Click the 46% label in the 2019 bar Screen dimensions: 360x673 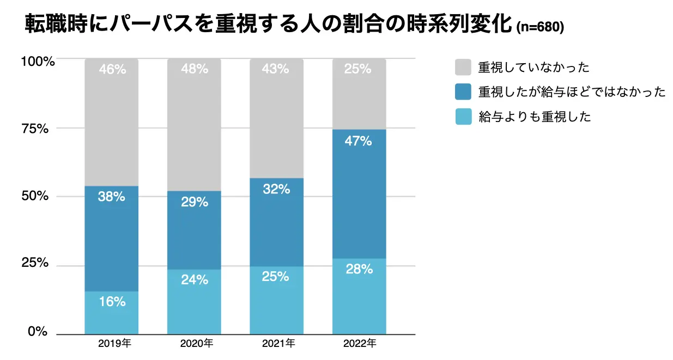[112, 69]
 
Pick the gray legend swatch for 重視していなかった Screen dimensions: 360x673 [463, 68]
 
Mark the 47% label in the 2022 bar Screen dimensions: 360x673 [359, 142]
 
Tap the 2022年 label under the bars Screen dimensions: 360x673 [360, 344]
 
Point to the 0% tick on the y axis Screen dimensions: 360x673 [38, 332]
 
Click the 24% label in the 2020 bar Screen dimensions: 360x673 [195, 280]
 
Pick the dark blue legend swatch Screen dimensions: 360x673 [463, 92]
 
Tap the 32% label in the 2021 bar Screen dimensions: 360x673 [276, 189]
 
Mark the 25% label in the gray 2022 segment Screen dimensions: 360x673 [359, 69]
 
